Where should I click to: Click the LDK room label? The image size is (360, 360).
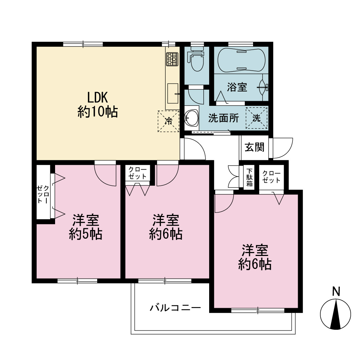[98, 105]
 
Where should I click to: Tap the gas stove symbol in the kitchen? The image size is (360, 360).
[172, 59]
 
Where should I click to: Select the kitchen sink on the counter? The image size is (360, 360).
[173, 94]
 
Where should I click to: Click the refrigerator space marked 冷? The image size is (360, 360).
[168, 121]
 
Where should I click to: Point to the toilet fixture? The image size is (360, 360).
[196, 59]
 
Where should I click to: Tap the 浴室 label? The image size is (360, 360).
[237, 87]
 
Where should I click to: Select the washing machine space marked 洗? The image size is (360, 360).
[257, 118]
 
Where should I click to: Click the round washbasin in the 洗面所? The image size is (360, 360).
[192, 118]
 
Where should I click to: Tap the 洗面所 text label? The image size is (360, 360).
[224, 118]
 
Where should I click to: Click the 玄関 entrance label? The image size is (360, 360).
[255, 147]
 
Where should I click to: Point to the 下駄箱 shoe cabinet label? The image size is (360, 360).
[249, 177]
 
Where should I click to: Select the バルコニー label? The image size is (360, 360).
[175, 307]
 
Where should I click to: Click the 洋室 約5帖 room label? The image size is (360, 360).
[86, 227]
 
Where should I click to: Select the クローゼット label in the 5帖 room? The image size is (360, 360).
[43, 194]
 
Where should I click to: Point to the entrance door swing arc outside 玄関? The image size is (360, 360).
[283, 148]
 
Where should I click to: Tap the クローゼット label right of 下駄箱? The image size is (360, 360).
[271, 177]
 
